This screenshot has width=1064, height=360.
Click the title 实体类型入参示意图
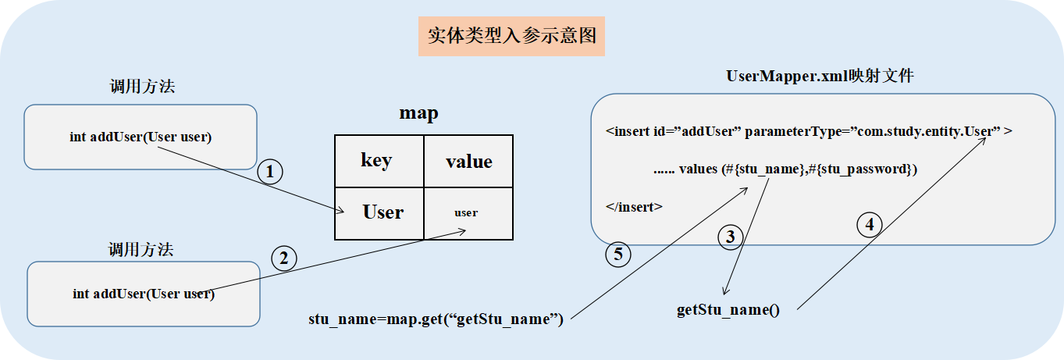[x=511, y=36]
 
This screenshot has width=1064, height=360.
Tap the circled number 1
[x=270, y=173]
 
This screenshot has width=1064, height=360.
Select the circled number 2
[x=283, y=258]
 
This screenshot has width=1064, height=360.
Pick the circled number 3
[x=730, y=237]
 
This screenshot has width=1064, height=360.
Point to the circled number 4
[x=870, y=225]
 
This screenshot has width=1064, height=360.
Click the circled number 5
[x=618, y=254]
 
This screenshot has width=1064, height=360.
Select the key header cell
[x=379, y=161]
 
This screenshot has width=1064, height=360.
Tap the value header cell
[x=468, y=161]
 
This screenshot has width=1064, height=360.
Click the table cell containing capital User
[x=379, y=212]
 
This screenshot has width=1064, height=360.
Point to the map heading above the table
[x=419, y=113]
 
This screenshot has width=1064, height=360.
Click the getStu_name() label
[x=728, y=309]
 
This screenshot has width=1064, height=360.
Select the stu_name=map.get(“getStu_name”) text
[x=436, y=319]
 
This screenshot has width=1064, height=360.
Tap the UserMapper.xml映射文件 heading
[x=820, y=77]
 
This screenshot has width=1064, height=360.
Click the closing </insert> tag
[x=634, y=207]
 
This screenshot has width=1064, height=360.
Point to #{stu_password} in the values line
[x=867, y=169]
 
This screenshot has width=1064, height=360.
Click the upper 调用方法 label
[x=142, y=87]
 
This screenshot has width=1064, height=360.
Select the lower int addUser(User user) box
[x=144, y=294]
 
